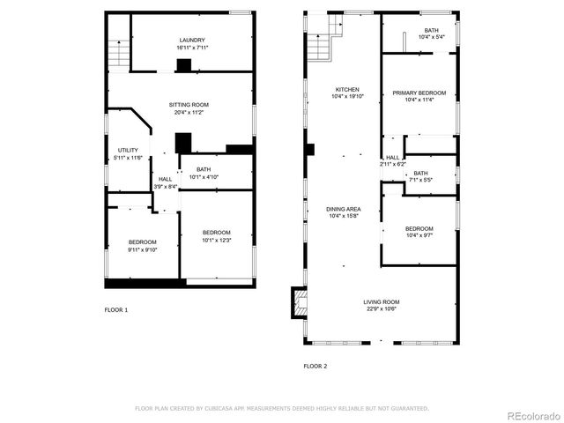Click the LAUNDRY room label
pos(191,40)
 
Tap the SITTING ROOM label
pos(189,105)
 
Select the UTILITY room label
pos(128,151)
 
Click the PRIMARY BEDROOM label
pos(419,93)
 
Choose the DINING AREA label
pos(343,209)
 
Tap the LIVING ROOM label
pos(381,302)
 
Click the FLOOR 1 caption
pos(116,309)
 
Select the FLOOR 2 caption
pos(315,365)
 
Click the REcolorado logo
pos(531,415)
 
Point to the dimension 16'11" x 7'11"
pos(191,47)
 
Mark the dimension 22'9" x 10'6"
pos(381,309)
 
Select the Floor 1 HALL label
pos(165,179)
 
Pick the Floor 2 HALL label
pos(392,158)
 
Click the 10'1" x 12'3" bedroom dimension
pos(216,240)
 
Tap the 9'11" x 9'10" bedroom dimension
pos(142,249)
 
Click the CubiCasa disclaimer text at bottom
pos(281,408)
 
